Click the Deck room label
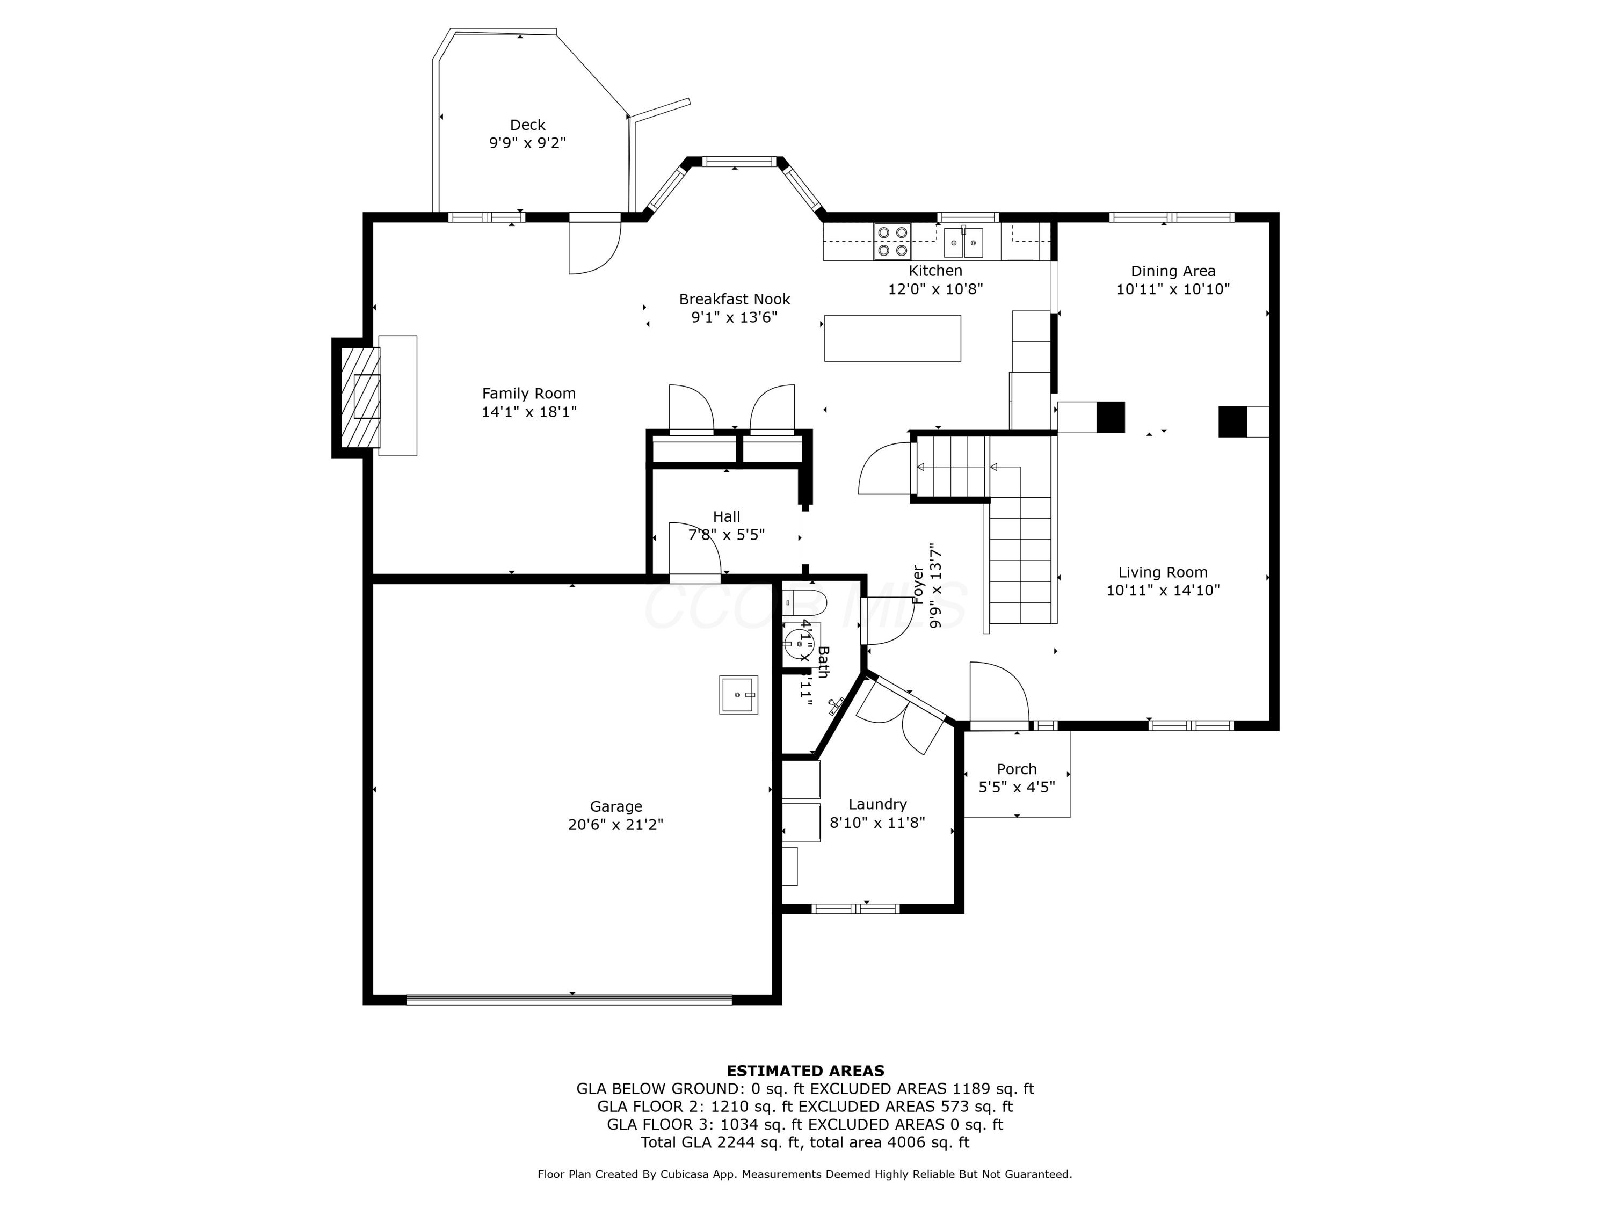[x=527, y=125]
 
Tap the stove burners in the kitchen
[x=892, y=242]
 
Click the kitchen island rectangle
[x=892, y=338]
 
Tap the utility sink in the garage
[x=738, y=695]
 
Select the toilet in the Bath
[x=805, y=603]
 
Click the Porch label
[x=1017, y=769]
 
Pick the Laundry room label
[x=877, y=804]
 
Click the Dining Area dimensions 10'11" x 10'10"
[x=1173, y=289]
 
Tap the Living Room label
[x=1163, y=572]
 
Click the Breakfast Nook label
[x=734, y=299]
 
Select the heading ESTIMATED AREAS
[x=805, y=1071]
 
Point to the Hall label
[x=726, y=516]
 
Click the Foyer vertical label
[x=918, y=585]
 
